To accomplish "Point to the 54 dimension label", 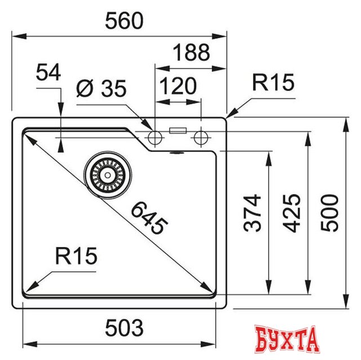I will click(48, 73).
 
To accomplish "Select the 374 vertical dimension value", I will click(254, 213).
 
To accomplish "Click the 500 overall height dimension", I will click(329, 213).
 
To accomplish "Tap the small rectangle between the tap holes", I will click(178, 130).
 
